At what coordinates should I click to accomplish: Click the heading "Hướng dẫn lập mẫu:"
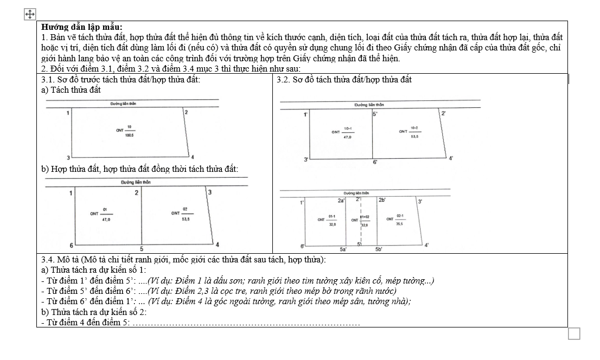coord(82,27)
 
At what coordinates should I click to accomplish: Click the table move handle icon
coord(30,14)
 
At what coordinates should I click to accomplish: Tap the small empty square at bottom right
coord(574,334)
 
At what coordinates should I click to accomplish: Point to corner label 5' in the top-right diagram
coord(375,114)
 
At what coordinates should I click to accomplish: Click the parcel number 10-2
coord(415,128)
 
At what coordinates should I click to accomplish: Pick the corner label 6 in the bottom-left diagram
coord(72,246)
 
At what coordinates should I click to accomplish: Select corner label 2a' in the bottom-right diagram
coord(341,201)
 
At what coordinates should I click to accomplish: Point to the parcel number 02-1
coord(399,216)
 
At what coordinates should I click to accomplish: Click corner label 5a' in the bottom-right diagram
coord(343,249)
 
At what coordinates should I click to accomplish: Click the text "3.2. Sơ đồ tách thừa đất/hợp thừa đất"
coord(344,80)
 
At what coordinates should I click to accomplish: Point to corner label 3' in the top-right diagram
coord(307,159)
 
